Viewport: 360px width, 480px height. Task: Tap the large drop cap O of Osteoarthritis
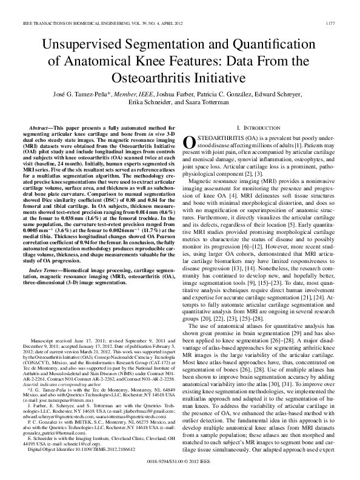[189, 142]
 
